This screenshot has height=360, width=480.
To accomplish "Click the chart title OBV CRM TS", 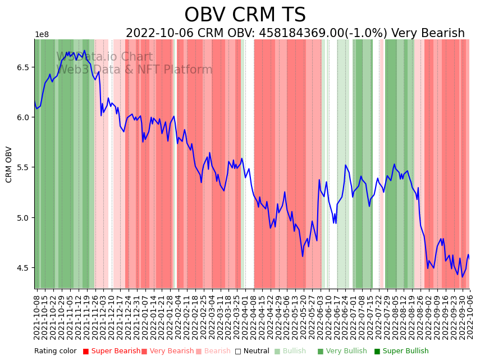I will click(245, 15).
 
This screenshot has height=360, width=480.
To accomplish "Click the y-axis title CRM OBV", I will click(9, 165).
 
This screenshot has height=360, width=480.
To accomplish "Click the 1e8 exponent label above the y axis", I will click(42, 35).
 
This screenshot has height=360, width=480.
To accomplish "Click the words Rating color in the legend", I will click(56, 352).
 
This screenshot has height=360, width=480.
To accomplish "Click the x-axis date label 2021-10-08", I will click(37, 317).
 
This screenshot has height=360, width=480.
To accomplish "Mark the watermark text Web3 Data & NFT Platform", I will click(135, 70).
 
